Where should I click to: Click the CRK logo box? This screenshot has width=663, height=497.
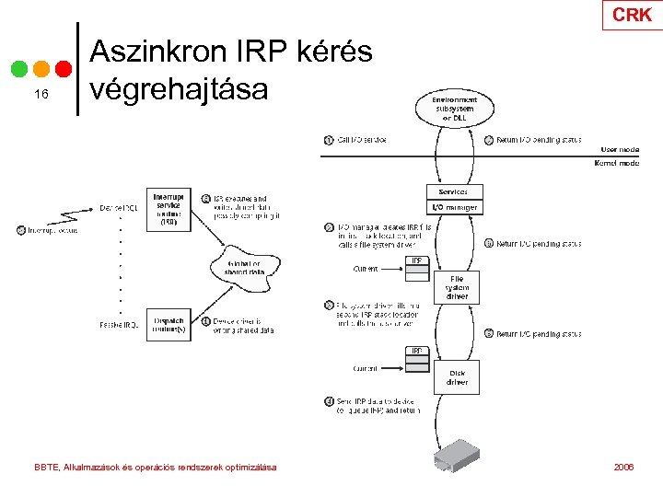point(632,15)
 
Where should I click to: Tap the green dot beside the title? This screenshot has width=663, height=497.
point(20,69)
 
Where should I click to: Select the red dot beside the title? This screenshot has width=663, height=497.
point(64,69)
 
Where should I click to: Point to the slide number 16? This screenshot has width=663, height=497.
point(40,95)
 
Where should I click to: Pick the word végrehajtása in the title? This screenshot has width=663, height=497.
point(179,88)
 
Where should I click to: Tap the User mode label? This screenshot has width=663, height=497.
point(619,149)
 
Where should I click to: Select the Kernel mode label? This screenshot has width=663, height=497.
point(617,163)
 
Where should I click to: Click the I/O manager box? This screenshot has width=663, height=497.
point(454,208)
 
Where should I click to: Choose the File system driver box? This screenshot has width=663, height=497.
point(457,286)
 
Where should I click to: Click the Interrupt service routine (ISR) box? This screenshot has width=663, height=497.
point(168,209)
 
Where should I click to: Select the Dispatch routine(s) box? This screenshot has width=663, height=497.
point(168,326)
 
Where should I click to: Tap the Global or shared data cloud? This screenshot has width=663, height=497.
point(243,267)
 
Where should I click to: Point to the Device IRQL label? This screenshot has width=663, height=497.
point(120,209)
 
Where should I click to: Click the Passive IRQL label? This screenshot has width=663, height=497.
point(120,325)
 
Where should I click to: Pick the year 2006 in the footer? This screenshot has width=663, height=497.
point(623,468)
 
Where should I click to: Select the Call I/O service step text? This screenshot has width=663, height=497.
point(362,140)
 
